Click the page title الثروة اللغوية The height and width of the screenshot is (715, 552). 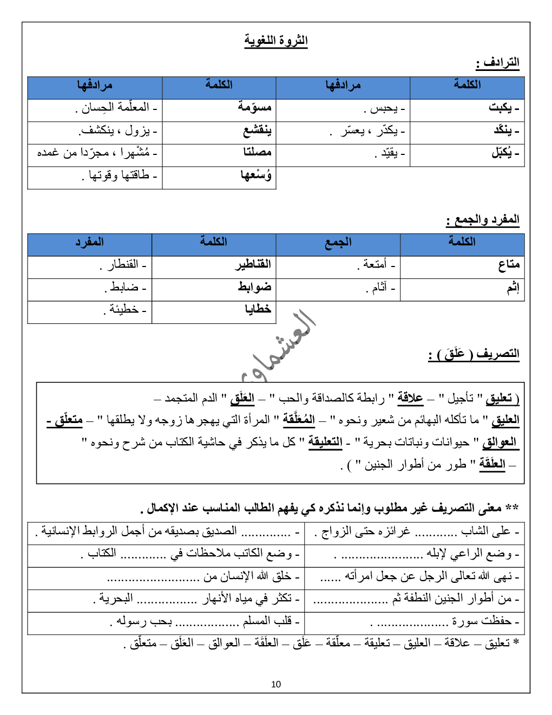click(276, 41)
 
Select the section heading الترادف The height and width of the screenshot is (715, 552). click(498, 63)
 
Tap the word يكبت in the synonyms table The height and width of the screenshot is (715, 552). click(502, 108)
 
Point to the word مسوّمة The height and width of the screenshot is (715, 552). click(254, 107)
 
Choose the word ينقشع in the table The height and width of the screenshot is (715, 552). click(257, 131)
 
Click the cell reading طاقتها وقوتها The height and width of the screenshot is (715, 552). click(119, 175)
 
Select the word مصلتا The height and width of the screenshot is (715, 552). click(257, 153)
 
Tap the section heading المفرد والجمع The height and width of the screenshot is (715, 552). click(483, 219)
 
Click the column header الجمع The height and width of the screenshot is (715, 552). click(338, 242)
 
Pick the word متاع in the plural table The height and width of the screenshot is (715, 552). click(509, 264)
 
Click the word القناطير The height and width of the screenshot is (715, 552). click(253, 264)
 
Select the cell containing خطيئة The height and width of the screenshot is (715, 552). click(124, 309)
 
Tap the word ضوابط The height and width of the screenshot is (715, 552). click(254, 287)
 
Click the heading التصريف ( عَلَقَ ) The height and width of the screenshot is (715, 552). click(474, 354)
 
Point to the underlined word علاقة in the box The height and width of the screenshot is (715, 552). click(410, 398)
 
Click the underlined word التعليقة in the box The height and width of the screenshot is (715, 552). click(325, 442)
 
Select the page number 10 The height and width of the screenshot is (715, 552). click(276, 684)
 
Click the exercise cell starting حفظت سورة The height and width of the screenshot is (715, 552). click(444, 621)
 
